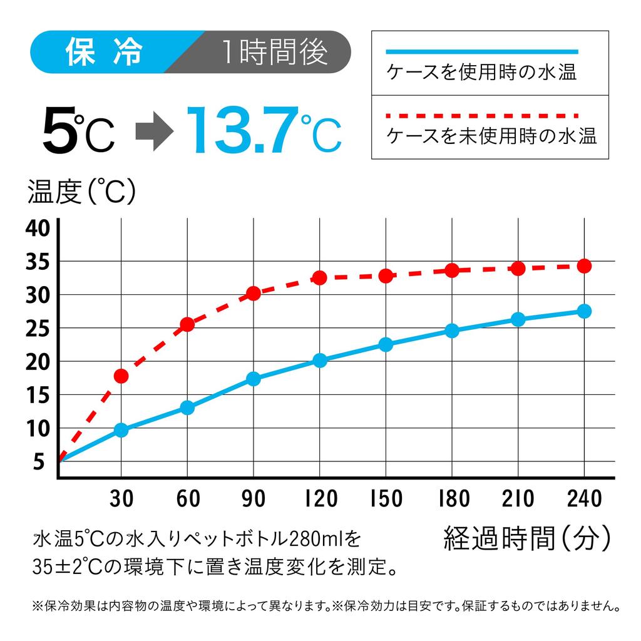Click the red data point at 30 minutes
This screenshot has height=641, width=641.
[x=121, y=376]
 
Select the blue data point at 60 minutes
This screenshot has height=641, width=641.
[x=187, y=408]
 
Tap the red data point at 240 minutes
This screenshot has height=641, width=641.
[x=584, y=266]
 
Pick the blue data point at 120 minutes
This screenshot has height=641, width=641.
[x=320, y=360]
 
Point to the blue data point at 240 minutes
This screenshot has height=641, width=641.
[x=584, y=311]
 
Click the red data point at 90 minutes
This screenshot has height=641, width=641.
[x=254, y=293]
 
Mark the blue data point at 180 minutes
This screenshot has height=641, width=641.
[x=452, y=331]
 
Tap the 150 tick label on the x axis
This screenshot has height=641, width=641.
[x=386, y=499]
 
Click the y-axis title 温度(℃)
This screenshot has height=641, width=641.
[x=81, y=192]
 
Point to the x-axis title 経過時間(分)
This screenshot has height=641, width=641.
[x=526, y=538]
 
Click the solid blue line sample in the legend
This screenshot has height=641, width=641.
[x=482, y=52]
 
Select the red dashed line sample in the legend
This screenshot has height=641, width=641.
[x=482, y=116]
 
